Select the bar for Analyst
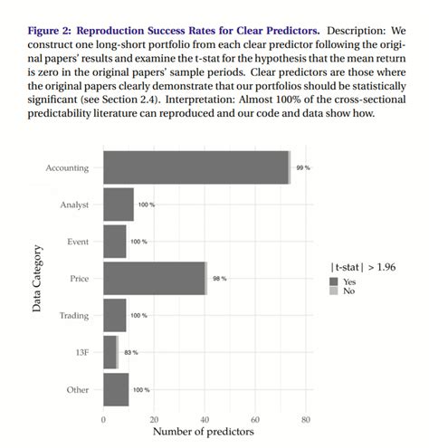pos(119,205)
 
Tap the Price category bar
pos(155,278)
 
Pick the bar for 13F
pos(110,352)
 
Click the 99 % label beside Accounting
pos(301,168)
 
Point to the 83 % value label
pos(130,352)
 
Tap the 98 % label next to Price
pos(219,279)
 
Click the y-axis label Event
pos(78,242)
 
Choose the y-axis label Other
pos(78,389)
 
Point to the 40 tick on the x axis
pos(205,420)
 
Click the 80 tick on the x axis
pos(306,420)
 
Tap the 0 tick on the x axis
pos(103,420)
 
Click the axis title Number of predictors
pos(204,432)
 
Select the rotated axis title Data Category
pos(36,279)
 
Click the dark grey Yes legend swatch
pos(334,281)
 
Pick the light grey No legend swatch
pos(334,291)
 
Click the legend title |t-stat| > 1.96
pos(362,267)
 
